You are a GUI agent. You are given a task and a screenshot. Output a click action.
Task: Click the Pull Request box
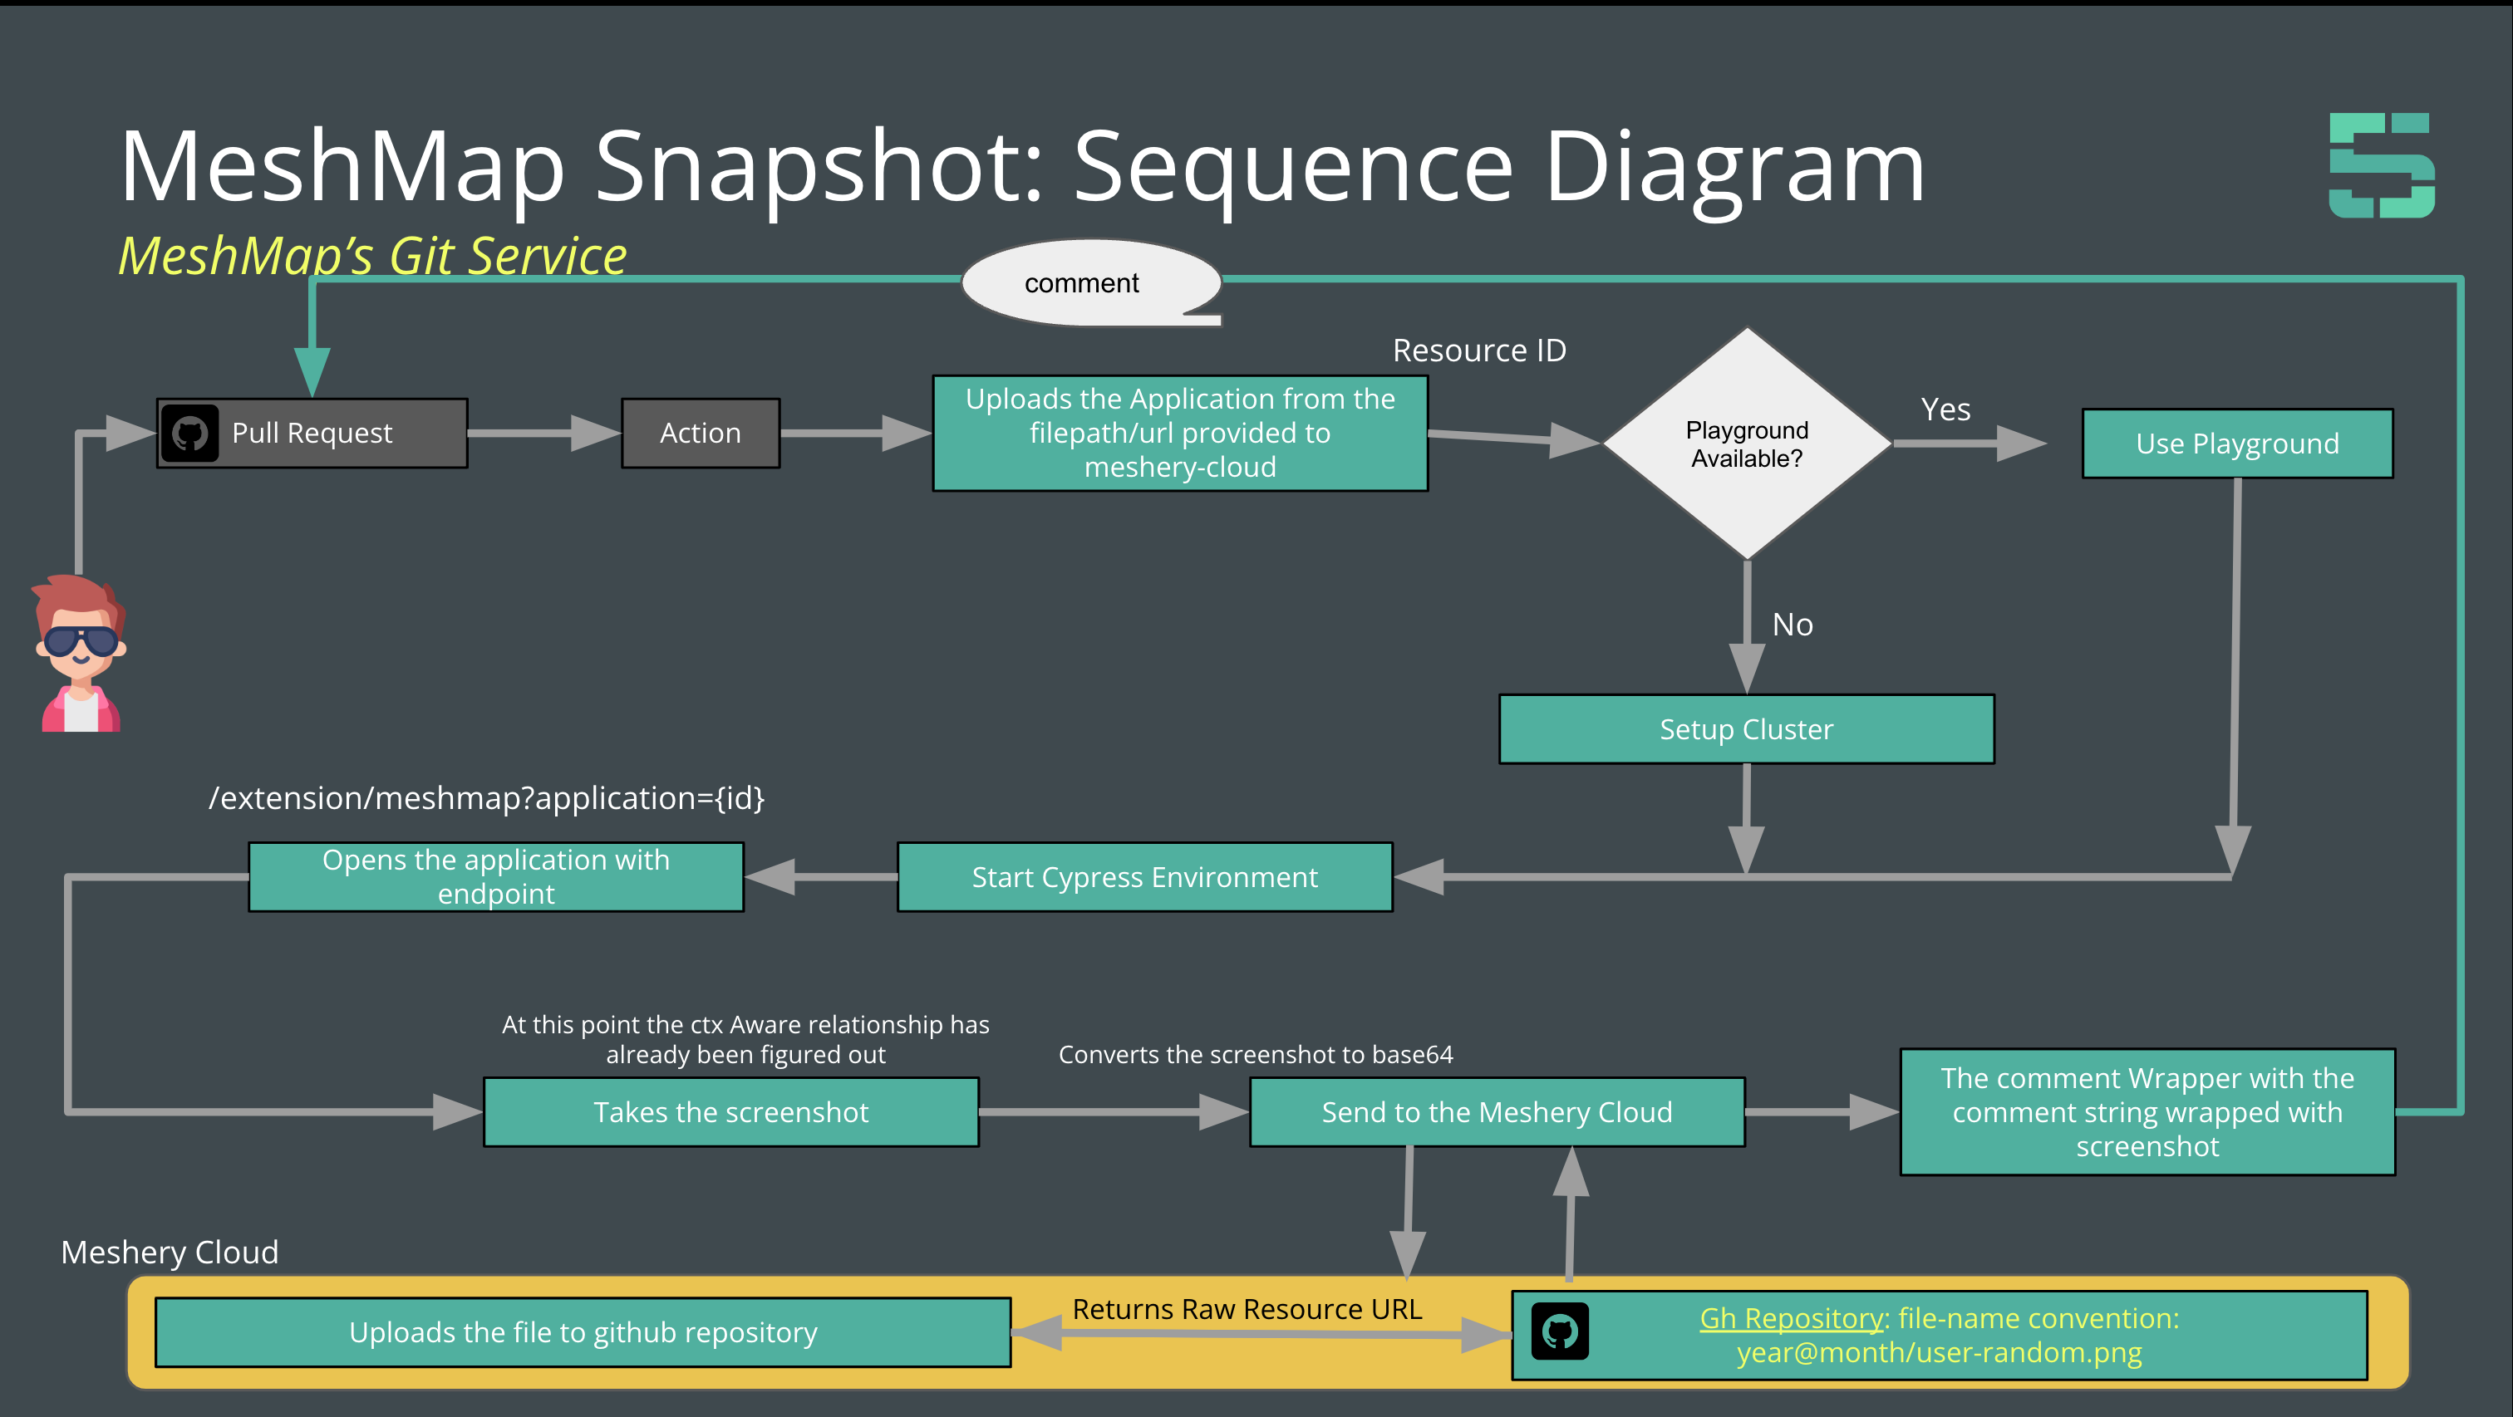pyautogui.click(x=312, y=433)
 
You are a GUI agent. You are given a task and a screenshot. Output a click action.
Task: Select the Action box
pyautogui.click(x=701, y=433)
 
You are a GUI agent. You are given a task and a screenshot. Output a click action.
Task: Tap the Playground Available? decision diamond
pyautogui.click(x=1746, y=444)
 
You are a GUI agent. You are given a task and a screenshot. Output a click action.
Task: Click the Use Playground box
pyautogui.click(x=2237, y=444)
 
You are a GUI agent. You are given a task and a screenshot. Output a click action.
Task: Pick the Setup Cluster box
pyautogui.click(x=1746, y=729)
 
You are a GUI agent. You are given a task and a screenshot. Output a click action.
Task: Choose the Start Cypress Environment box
pyautogui.click(x=1144, y=878)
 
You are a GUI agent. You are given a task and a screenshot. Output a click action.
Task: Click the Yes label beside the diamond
pyautogui.click(x=1945, y=409)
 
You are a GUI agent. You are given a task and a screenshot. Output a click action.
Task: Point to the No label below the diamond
pyautogui.click(x=1792, y=624)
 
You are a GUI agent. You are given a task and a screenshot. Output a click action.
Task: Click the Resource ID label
pyautogui.click(x=1479, y=351)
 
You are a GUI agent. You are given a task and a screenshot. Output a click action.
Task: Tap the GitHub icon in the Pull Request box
pyautogui.click(x=190, y=433)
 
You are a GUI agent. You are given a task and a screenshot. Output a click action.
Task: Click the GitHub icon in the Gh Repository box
pyautogui.click(x=1560, y=1331)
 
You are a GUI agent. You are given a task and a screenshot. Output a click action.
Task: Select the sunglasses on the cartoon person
pyautogui.click(x=81, y=640)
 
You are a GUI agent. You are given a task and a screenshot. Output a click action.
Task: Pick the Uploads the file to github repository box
pyautogui.click(x=583, y=1332)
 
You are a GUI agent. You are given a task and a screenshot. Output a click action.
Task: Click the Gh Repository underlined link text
pyautogui.click(x=1791, y=1318)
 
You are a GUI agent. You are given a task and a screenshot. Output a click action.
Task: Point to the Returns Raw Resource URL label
pyautogui.click(x=1247, y=1309)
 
